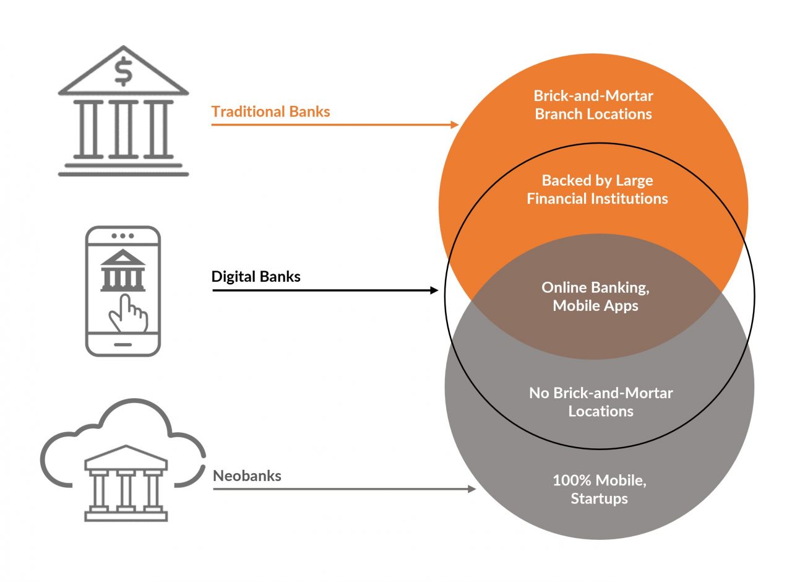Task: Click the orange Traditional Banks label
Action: [x=270, y=111]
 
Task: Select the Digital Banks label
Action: [x=256, y=276]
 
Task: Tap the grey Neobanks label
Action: [x=247, y=476]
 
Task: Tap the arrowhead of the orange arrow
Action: [x=455, y=124]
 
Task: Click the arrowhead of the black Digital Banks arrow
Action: [x=434, y=289]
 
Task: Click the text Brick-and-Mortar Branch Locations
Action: [x=593, y=105]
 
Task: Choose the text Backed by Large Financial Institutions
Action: [x=597, y=189]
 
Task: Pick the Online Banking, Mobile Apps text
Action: [x=595, y=296]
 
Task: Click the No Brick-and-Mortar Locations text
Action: [x=601, y=401]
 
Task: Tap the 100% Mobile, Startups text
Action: [x=599, y=489]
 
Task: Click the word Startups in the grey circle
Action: [x=599, y=498]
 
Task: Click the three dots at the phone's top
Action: [x=123, y=236]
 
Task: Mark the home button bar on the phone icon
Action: [x=123, y=344]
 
